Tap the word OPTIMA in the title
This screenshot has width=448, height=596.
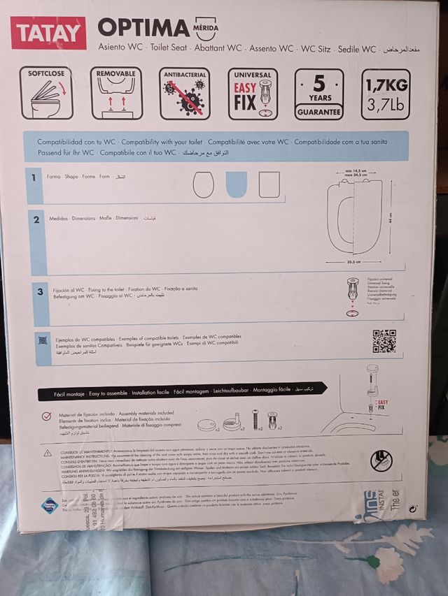tap(143, 28)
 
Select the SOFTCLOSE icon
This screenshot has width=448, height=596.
tap(46, 94)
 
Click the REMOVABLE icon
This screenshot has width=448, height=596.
tap(116, 94)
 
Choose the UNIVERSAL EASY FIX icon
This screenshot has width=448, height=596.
tap(252, 94)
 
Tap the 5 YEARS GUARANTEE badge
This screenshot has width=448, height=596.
tap(318, 94)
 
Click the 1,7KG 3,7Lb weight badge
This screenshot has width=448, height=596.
tap(386, 94)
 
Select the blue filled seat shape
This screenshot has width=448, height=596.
tap(237, 184)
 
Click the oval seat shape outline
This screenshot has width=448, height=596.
tap(204, 184)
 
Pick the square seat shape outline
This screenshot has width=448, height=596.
tap(269, 184)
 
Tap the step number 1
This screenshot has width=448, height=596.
tap(34, 177)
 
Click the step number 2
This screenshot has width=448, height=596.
tap(36, 219)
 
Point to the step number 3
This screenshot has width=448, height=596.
tap(40, 292)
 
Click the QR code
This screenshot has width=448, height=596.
tap(384, 340)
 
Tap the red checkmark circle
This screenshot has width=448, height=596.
tap(46, 416)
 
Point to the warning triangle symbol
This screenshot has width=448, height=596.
tap(48, 453)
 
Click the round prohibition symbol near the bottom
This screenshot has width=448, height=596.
tap(381, 460)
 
